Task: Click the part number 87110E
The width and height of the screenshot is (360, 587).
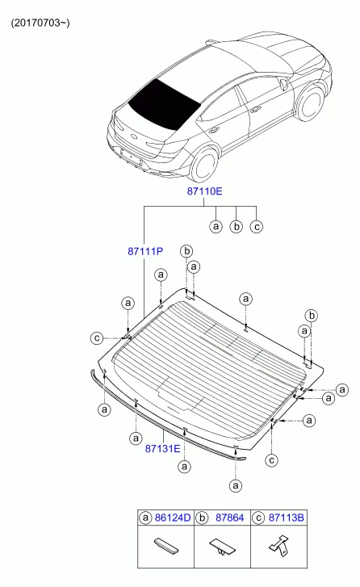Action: coord(204,191)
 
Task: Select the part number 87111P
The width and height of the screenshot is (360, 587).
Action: coord(145,251)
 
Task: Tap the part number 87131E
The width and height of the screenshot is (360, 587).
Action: coord(162,448)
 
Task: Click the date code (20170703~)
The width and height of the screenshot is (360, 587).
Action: coord(40,23)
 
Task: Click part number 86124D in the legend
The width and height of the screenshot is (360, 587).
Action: coord(173,518)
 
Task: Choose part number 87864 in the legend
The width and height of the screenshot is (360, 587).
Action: coord(229,518)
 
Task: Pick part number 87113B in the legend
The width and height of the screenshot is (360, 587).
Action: coord(287,518)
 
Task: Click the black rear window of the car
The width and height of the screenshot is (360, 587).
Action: coord(164,104)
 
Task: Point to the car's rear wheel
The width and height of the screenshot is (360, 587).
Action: coord(205,164)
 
